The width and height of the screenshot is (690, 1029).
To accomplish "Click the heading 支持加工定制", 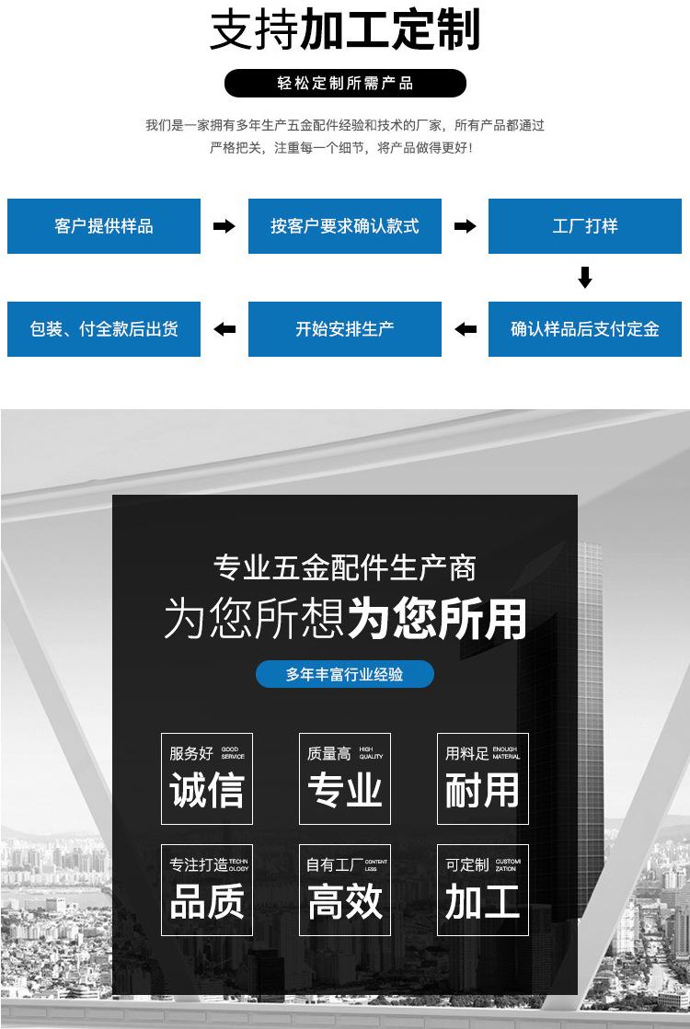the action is tap(345, 30).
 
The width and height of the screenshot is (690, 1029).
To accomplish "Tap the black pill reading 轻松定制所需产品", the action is tap(345, 84).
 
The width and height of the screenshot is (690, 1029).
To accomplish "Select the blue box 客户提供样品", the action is tap(104, 226).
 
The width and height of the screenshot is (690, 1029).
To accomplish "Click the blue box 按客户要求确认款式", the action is tap(345, 226).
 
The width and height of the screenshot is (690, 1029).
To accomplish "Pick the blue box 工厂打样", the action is tap(585, 226).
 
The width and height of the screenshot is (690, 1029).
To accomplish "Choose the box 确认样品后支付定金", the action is tap(585, 329).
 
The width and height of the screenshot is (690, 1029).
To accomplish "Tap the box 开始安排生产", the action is tap(345, 329).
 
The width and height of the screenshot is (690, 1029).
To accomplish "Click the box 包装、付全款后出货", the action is tap(104, 329).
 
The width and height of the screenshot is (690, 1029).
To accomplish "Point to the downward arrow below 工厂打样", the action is tap(585, 278).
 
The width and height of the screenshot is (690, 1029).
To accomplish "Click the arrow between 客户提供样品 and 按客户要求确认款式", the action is tap(224, 226).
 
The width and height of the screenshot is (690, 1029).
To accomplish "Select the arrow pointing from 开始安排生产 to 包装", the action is tap(224, 329).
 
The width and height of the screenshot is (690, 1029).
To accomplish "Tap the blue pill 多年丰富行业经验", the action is tap(345, 674).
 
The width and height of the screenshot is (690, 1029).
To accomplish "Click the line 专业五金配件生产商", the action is tap(345, 567).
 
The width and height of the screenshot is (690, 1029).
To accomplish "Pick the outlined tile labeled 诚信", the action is tap(207, 779).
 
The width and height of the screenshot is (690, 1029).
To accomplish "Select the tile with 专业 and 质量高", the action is tap(345, 779).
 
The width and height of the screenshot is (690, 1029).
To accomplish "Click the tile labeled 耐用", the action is tap(483, 779).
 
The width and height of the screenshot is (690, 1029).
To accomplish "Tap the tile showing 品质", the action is tap(207, 890).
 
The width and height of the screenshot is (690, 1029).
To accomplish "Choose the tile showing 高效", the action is tap(345, 890).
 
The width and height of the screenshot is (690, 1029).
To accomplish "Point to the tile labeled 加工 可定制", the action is tap(483, 890).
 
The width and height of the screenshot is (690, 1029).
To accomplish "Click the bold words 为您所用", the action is tap(436, 619).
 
